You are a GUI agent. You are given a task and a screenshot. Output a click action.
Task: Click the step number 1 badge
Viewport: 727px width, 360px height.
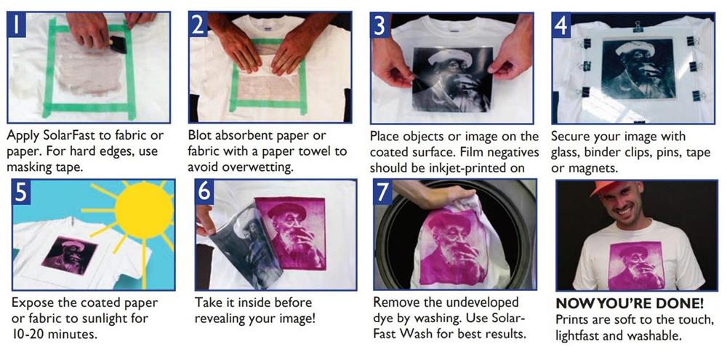(x=17, y=25)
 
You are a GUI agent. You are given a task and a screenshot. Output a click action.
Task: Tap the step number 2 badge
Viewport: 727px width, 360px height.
(x=198, y=25)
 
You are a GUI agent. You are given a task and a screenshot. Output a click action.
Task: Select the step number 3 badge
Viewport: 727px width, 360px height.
(x=379, y=25)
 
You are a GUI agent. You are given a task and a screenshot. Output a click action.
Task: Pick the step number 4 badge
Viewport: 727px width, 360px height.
(x=561, y=25)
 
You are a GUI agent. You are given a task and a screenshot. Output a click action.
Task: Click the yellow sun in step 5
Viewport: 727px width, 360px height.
(x=144, y=210)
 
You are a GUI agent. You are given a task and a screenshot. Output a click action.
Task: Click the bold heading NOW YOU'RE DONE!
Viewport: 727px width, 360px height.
(x=630, y=304)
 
